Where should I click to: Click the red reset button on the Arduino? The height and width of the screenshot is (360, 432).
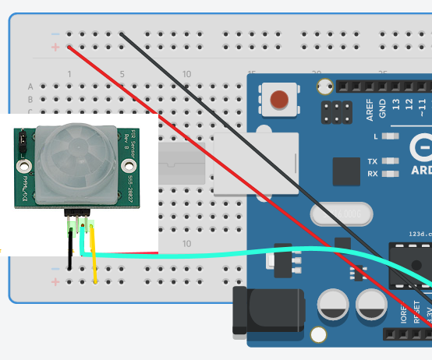(278, 100)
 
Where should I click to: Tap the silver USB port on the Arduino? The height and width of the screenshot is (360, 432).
(257, 164)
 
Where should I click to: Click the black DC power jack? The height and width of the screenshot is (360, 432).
(269, 310)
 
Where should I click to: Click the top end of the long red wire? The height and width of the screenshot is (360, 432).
(70, 48)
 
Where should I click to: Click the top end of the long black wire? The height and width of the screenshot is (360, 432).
(122, 34)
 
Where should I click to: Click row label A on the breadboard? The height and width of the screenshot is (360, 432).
(31, 86)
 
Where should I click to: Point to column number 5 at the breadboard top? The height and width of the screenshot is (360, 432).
(122, 74)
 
